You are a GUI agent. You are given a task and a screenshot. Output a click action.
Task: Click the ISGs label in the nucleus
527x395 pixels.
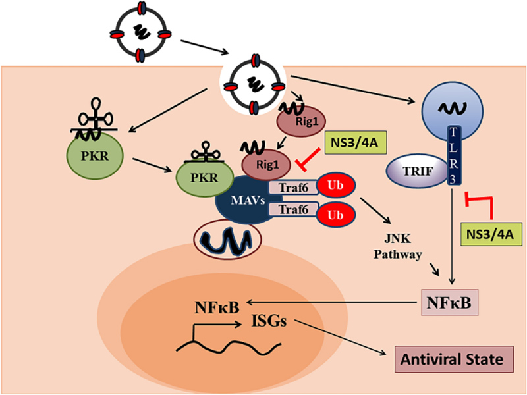(269, 321)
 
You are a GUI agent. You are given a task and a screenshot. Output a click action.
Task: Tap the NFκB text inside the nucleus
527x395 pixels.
(217, 307)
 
